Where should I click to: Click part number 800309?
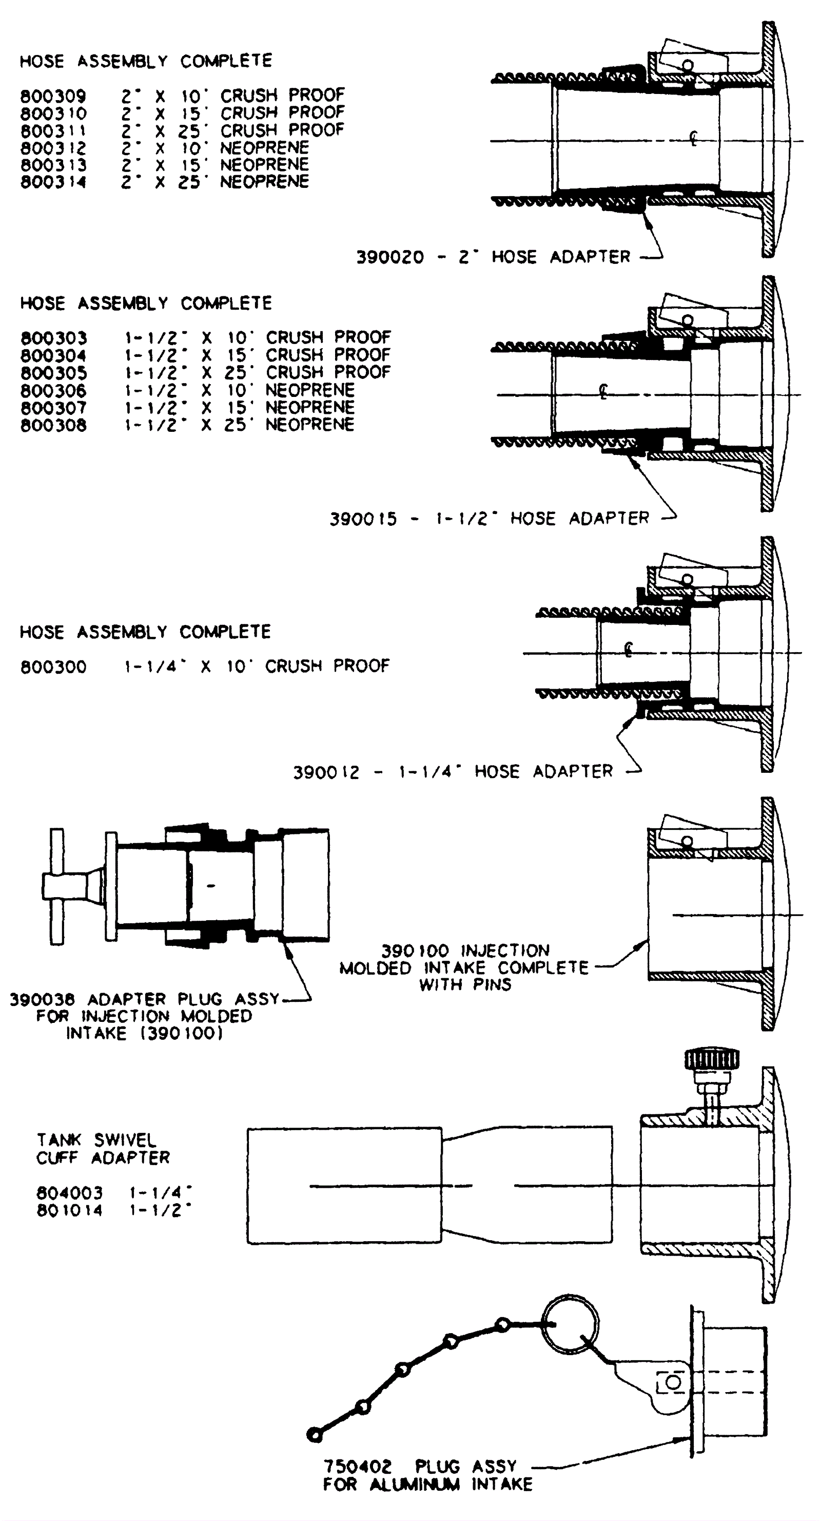(x=53, y=96)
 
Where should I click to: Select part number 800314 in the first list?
(x=53, y=182)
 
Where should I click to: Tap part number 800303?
(x=53, y=338)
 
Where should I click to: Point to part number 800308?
(x=53, y=425)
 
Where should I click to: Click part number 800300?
(x=53, y=667)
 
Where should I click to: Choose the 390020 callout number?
(x=389, y=257)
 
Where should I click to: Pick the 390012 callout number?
(x=326, y=772)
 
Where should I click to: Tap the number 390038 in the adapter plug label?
(x=43, y=1000)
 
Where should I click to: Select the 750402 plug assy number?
(x=357, y=1467)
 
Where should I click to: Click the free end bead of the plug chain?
(x=315, y=1435)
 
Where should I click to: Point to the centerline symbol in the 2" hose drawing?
(x=694, y=139)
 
